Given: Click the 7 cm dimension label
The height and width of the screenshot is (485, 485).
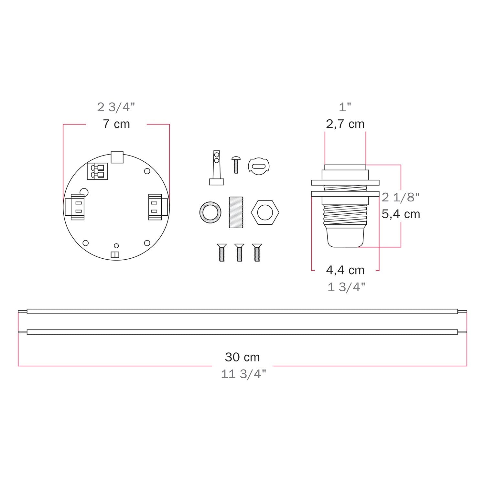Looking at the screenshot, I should [116, 124].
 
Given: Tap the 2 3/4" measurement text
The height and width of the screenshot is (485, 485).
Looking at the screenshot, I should [116, 107].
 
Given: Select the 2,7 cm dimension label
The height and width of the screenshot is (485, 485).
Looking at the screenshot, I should [345, 124].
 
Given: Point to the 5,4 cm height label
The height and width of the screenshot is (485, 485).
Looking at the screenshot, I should [401, 214].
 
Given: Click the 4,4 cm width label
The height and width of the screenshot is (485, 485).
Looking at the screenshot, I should [345, 270].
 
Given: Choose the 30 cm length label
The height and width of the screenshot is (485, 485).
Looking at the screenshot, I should [242, 357].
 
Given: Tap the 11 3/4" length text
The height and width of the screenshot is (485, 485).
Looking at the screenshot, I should [243, 374].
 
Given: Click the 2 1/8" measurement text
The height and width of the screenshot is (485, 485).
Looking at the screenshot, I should [401, 197].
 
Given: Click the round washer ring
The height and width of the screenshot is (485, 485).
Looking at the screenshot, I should [210, 212].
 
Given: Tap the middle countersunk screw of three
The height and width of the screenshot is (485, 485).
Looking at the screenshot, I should [239, 252].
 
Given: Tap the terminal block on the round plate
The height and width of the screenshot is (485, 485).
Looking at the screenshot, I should [97, 171].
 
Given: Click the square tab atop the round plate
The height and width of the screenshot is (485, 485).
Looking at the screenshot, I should [117, 157].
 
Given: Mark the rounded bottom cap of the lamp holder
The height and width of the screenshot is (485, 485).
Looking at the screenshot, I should [345, 238].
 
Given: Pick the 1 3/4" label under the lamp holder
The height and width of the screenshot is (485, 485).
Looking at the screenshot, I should [346, 287].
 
